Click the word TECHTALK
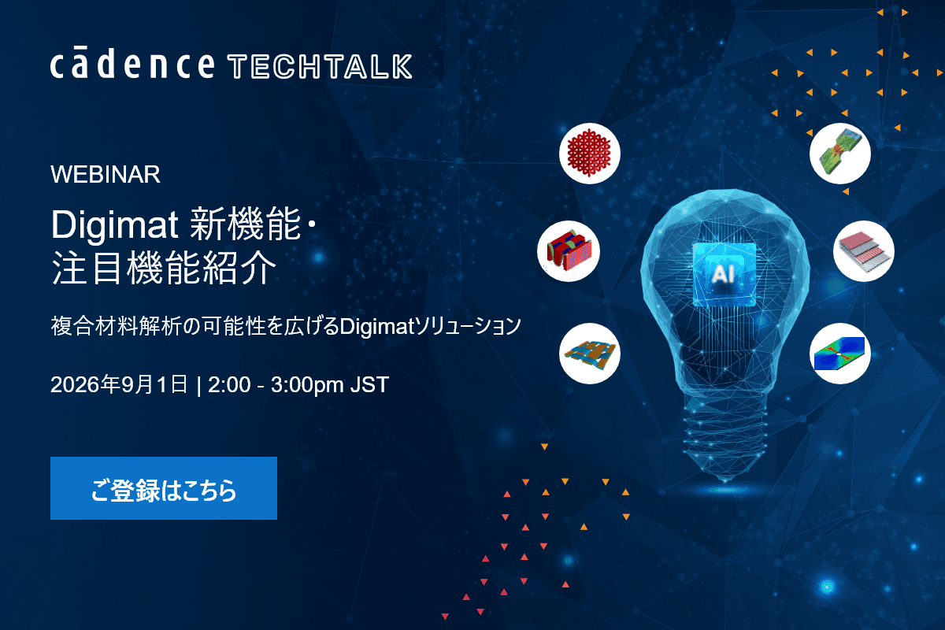320,67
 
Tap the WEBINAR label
106,174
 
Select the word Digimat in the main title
114,225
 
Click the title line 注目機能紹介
164,267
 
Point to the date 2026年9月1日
119,384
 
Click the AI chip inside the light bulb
724,274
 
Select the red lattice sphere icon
589,154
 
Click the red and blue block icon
569,251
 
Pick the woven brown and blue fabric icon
589,354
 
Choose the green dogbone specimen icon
840,154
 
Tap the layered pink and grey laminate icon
864,251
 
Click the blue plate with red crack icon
840,354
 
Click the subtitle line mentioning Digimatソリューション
286,326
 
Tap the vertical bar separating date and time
198,385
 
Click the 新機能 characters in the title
245,224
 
